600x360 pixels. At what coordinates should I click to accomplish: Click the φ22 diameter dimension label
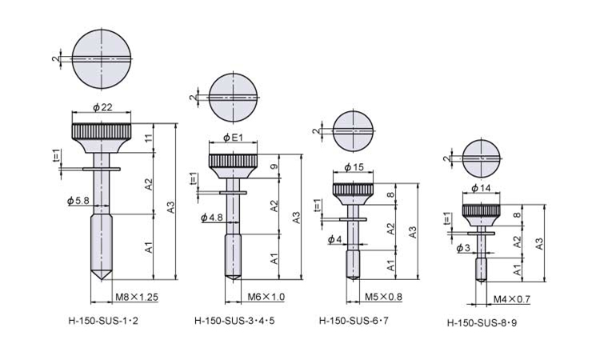coord(103,107)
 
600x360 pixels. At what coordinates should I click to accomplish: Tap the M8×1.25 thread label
coord(137,297)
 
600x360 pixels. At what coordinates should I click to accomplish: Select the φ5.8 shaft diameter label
coord(78,200)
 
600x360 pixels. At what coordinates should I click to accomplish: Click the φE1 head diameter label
coord(233,138)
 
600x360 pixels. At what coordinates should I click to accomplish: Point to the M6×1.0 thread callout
coord(266,297)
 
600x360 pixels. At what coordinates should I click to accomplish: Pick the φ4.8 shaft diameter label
coord(212,218)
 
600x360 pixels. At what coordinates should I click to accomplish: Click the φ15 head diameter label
coord(354,167)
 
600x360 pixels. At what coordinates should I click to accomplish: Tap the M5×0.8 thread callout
coord(383,297)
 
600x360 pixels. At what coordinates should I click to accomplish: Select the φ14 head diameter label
coord(481,188)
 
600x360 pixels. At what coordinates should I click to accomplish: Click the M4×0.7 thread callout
coord(512,299)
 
